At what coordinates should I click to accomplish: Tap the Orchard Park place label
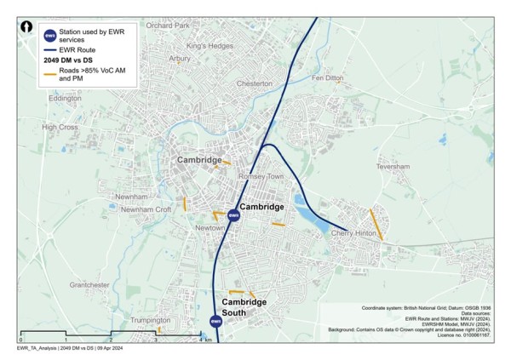[166, 26]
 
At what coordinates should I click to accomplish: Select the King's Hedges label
[210, 45]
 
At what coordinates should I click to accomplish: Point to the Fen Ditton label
[328, 77]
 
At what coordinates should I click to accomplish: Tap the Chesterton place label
[254, 83]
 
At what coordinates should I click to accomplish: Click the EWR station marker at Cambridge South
[216, 321]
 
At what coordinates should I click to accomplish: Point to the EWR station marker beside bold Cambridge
[233, 215]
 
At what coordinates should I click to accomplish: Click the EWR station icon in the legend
[49, 35]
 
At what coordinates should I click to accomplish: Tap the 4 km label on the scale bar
[203, 340]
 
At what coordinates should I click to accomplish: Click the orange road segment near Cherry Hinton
[376, 225]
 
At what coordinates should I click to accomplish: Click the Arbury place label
[180, 59]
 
